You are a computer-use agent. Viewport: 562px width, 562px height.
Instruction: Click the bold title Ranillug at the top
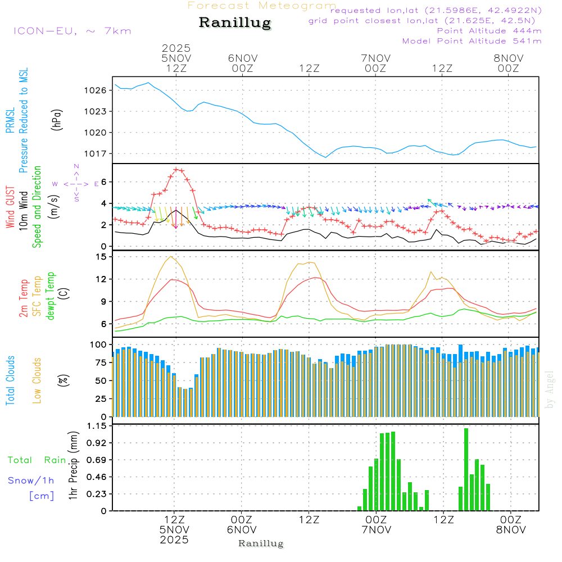tap(235, 23)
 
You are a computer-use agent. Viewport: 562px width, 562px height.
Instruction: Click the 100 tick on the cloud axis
tap(98, 344)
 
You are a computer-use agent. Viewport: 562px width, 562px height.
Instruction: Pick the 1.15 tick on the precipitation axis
tap(97, 426)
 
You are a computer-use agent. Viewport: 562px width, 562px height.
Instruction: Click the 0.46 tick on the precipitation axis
tap(97, 477)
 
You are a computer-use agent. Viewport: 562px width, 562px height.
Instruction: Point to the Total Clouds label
tap(11, 380)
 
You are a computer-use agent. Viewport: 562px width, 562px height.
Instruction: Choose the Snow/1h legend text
tap(31, 481)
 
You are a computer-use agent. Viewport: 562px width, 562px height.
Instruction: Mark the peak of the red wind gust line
tap(176, 169)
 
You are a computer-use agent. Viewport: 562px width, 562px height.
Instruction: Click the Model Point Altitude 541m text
tap(472, 41)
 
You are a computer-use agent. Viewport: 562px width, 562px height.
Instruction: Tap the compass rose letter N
tap(76, 166)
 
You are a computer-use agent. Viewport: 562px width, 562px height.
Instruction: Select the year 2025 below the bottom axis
tap(174, 540)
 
